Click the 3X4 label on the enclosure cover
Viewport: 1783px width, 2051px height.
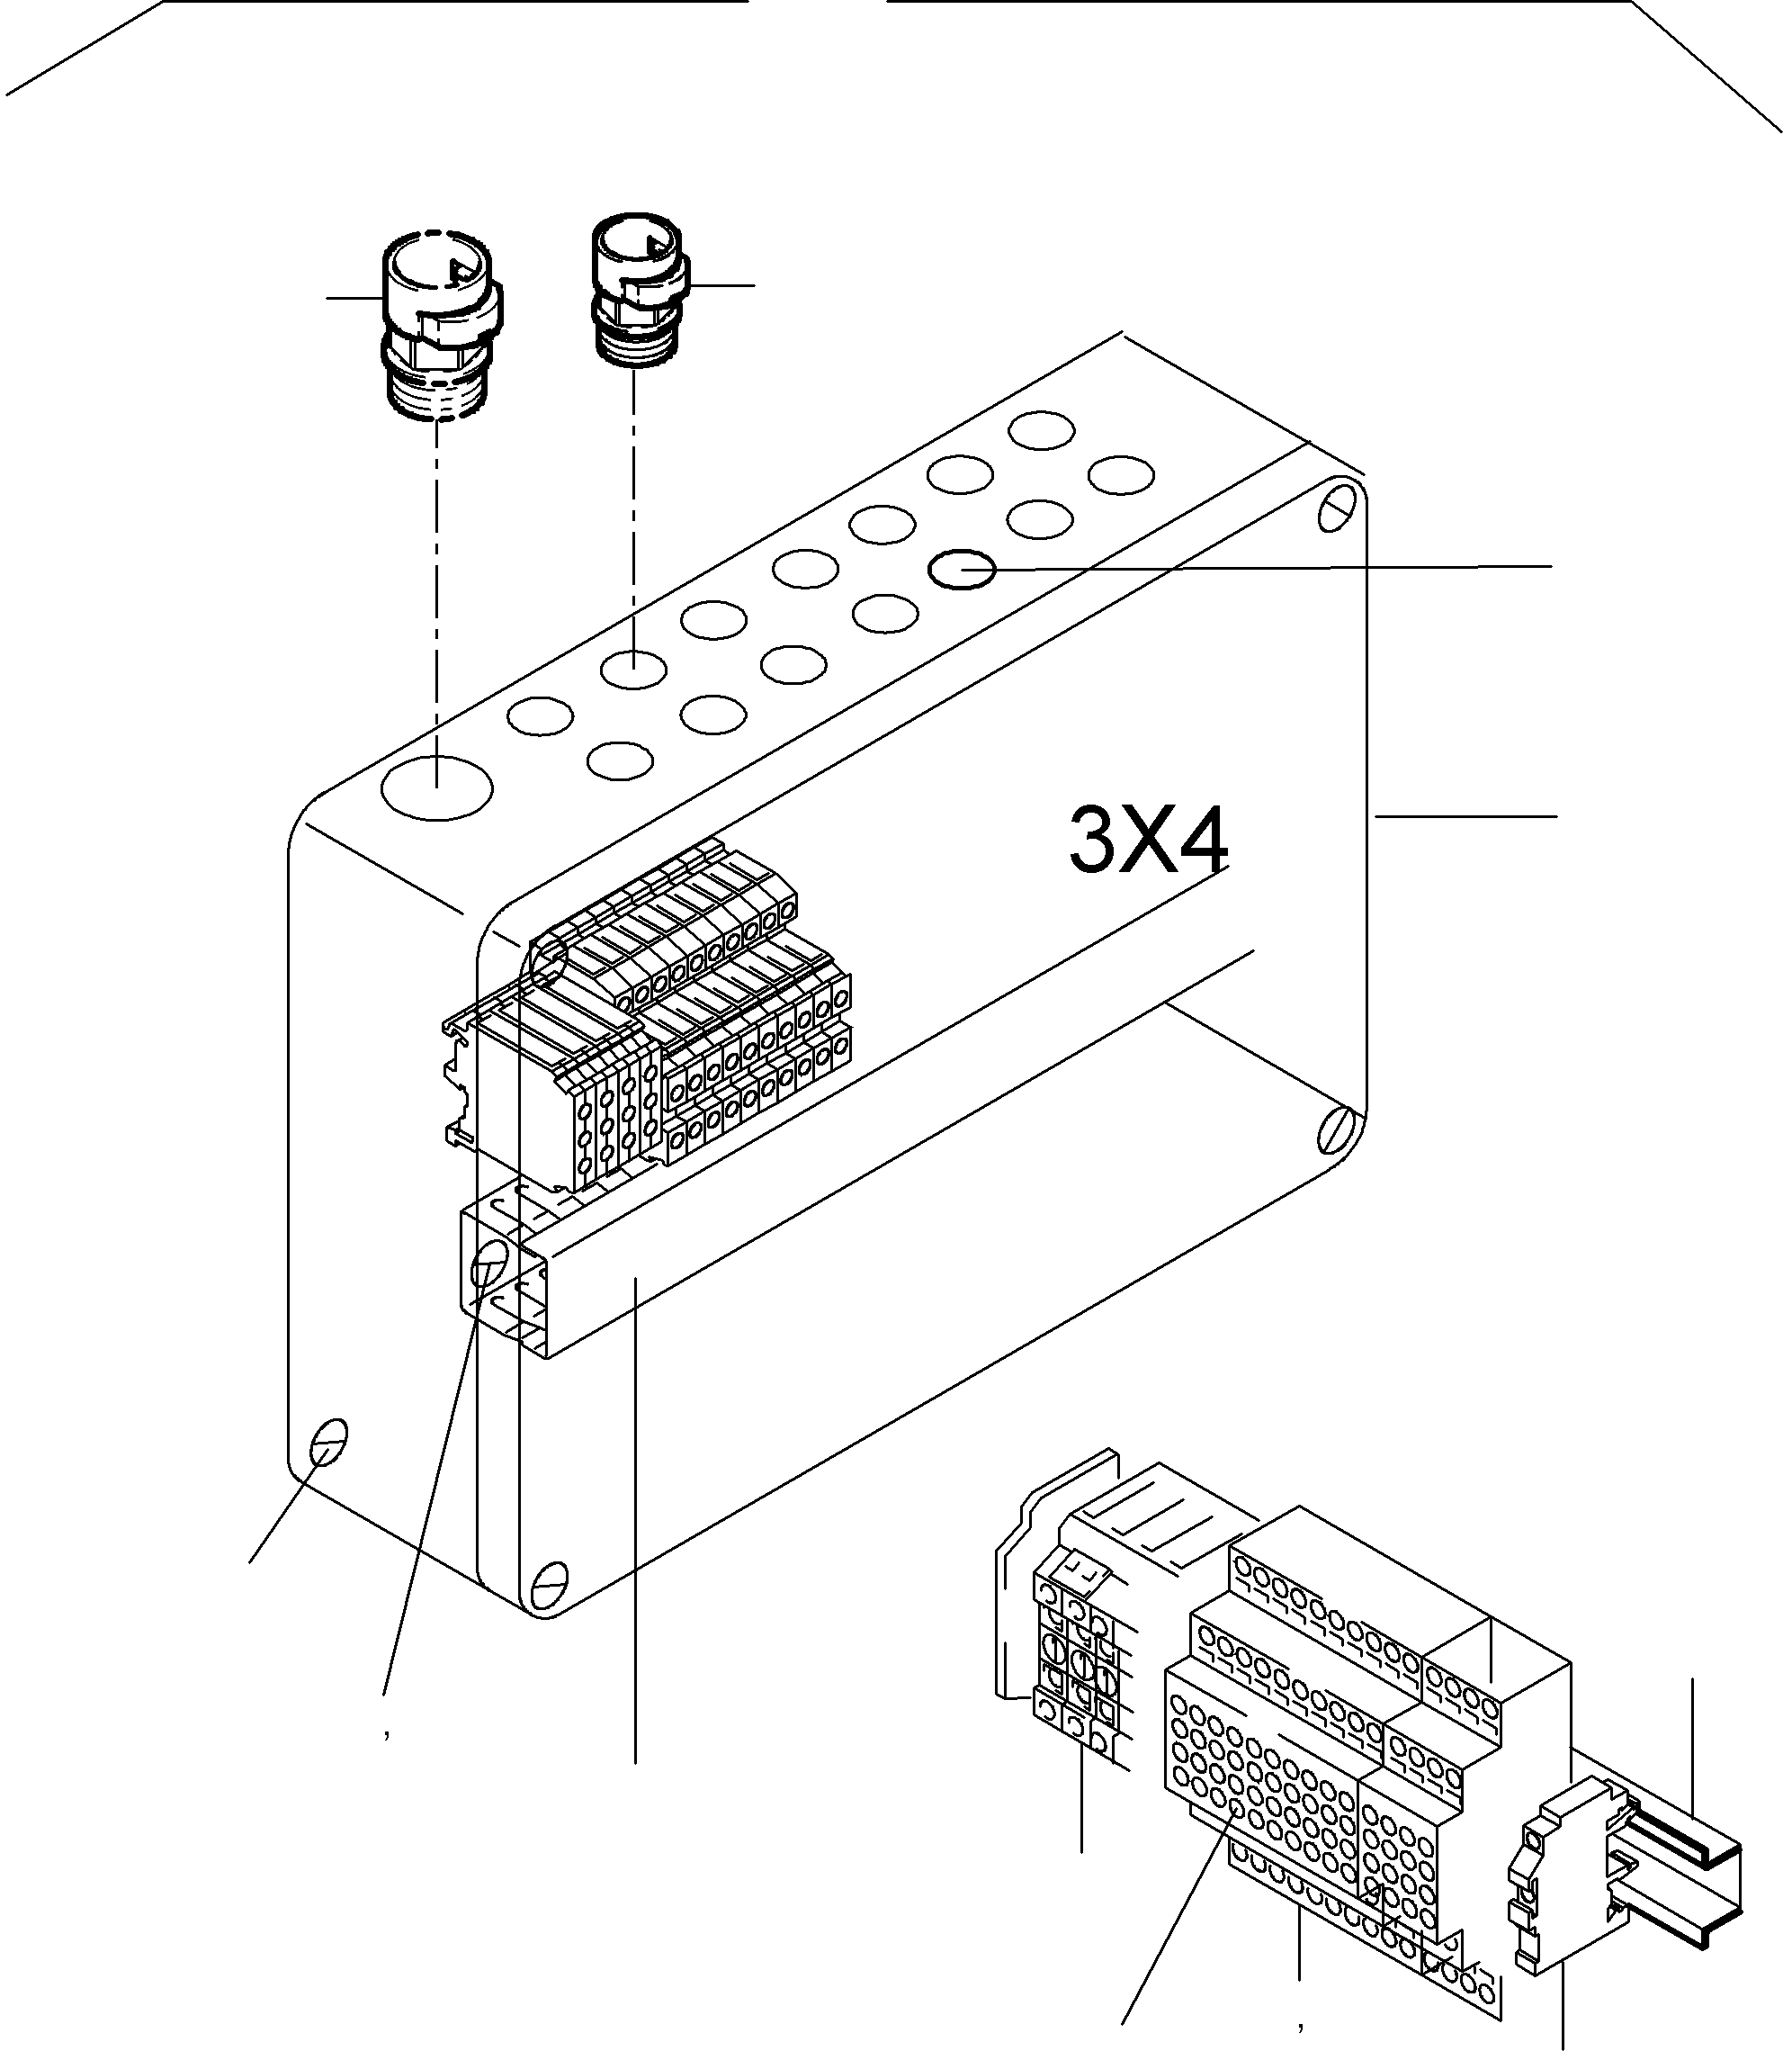click(1147, 841)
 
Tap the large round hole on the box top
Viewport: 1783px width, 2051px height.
click(437, 787)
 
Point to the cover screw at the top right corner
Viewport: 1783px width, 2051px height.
click(1336, 507)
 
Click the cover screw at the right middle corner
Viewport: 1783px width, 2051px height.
click(1335, 1131)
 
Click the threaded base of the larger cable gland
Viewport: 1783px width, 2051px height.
click(438, 398)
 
